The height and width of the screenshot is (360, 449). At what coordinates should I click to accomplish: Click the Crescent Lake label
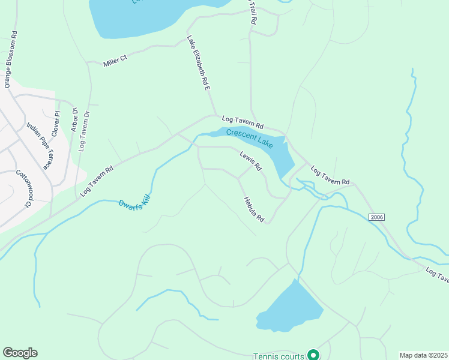click(x=249, y=137)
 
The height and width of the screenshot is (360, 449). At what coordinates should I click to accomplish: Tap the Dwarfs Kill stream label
click(x=134, y=208)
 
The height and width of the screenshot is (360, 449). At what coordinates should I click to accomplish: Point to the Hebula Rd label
click(x=254, y=210)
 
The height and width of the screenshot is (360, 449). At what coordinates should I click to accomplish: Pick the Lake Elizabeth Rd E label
click(x=199, y=62)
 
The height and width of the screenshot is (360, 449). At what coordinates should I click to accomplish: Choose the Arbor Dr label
click(x=75, y=119)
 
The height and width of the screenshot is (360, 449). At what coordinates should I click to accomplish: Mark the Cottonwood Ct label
click(x=23, y=188)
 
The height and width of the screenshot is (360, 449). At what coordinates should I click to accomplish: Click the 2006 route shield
click(x=376, y=217)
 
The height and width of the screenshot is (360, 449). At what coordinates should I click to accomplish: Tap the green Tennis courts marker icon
click(x=313, y=355)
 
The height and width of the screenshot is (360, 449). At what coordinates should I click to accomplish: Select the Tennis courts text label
click(x=279, y=356)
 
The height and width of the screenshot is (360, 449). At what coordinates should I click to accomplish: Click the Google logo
click(x=20, y=353)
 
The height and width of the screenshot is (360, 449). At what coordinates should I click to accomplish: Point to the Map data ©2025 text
click(x=424, y=355)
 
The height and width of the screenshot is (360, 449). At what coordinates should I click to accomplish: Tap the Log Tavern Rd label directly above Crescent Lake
click(x=243, y=122)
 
